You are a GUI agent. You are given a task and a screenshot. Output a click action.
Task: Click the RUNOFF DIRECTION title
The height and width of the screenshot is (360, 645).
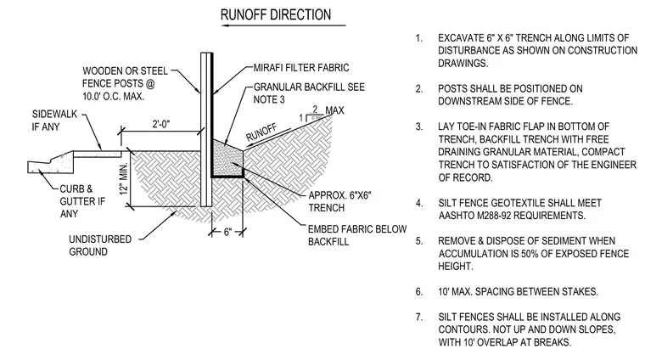point(276,14)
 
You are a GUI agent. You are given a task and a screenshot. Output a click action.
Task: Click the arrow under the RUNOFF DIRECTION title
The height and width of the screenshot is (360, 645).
point(283,25)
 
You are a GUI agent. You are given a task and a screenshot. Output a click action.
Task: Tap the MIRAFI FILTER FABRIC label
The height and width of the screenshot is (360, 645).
point(301,67)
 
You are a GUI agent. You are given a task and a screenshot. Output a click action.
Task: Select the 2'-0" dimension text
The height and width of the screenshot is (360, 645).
point(161,124)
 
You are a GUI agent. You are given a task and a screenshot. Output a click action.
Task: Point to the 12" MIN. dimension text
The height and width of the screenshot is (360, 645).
point(124,179)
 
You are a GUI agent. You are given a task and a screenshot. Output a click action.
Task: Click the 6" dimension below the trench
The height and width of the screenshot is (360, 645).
point(227,232)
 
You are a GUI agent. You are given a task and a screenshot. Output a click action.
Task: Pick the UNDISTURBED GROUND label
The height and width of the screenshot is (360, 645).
point(100,245)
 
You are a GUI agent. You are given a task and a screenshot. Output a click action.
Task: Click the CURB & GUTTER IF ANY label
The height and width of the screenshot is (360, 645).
point(82,201)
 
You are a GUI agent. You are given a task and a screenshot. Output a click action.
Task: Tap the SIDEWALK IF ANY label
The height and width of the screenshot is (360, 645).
point(54,121)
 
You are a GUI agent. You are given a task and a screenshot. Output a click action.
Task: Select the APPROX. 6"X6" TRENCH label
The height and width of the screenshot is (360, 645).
point(339,201)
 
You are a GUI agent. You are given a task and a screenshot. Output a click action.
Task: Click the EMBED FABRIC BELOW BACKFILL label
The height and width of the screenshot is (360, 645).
point(357,235)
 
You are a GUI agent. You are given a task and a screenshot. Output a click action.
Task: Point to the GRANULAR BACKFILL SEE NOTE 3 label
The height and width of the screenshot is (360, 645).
point(309,93)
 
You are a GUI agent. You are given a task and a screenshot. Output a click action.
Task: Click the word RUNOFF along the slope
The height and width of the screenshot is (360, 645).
point(261,132)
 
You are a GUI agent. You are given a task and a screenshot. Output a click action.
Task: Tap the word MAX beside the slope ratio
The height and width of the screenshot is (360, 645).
point(335,110)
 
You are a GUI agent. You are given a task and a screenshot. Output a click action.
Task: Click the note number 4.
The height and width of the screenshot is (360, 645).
point(418,203)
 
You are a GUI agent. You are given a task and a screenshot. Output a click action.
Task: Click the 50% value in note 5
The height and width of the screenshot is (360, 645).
point(530,253)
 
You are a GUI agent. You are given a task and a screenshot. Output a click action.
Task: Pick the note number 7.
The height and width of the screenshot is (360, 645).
point(418,317)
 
